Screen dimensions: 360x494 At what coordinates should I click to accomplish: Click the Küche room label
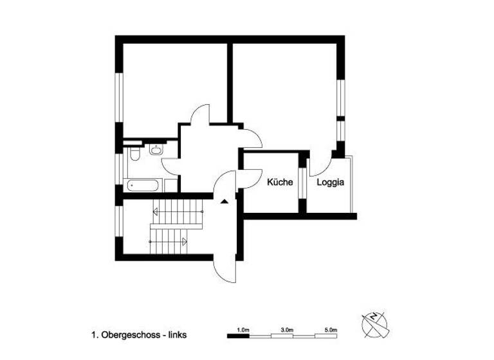280,182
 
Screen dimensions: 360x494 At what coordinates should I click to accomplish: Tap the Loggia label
331,182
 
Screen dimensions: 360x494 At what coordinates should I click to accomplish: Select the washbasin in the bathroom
156,150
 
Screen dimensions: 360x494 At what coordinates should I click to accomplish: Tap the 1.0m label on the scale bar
242,329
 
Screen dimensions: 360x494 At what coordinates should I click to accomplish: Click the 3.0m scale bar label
287,329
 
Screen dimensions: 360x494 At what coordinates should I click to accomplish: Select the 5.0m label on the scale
331,329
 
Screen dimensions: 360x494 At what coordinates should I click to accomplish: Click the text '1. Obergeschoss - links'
139,335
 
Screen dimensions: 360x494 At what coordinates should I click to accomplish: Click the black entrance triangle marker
224,201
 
